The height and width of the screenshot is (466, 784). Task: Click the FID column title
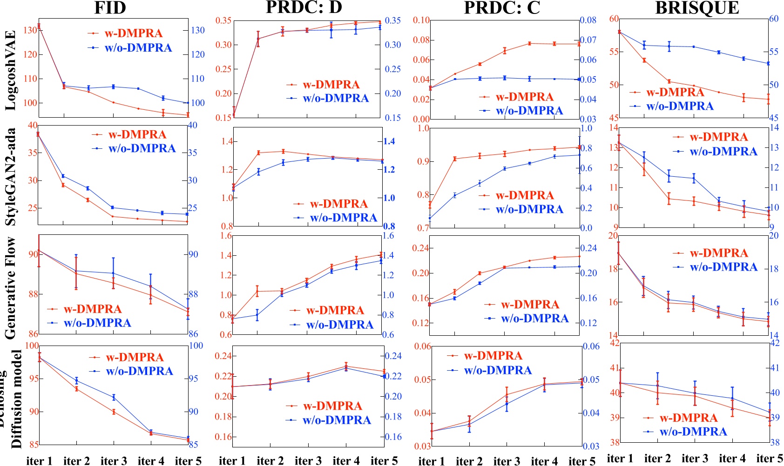pos(110,8)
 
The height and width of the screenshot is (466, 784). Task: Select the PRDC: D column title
pos(304,7)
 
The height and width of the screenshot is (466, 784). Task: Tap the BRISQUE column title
pos(697,8)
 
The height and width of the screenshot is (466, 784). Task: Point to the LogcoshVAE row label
pos(11,71)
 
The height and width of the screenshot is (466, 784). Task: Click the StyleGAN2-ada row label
pos(11,177)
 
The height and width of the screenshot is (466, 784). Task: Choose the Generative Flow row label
pos(11,288)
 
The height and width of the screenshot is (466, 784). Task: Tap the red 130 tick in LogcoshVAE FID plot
pos(30,30)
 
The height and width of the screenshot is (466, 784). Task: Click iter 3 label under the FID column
pos(114,460)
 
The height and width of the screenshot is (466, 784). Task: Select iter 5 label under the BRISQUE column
pos(769,459)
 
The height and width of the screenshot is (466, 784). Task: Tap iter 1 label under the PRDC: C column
pos(432,461)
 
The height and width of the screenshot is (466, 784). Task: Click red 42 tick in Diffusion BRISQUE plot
pos(615,343)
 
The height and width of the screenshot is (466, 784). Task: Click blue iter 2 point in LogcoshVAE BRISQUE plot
pos(644,45)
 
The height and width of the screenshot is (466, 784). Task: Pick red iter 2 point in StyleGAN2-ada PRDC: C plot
pos(455,159)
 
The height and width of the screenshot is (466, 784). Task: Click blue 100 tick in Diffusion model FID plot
pos(196,346)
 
